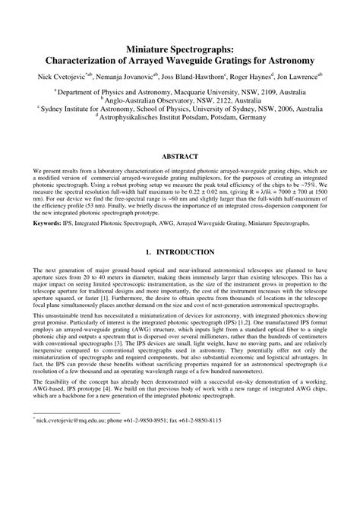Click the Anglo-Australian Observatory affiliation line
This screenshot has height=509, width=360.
tap(181, 99)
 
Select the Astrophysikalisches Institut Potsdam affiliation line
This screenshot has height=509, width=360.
tap(181, 117)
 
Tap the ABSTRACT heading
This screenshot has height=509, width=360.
tap(179, 157)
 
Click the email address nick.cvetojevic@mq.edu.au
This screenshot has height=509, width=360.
tap(72, 482)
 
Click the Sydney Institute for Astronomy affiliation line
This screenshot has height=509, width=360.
tap(181, 108)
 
